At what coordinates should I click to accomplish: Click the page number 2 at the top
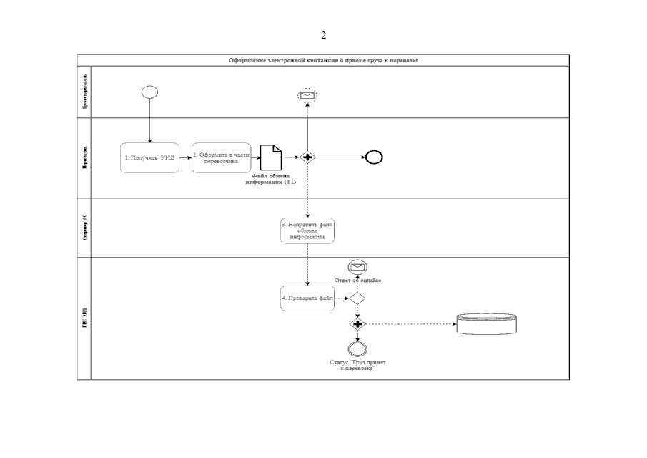click(x=323, y=36)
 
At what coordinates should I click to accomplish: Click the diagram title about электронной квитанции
click(x=323, y=61)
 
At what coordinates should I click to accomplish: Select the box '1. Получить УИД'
click(x=149, y=157)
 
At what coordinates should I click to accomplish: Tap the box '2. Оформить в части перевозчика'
click(x=222, y=157)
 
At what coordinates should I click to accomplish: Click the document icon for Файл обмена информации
click(x=270, y=157)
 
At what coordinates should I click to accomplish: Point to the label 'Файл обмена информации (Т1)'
click(x=270, y=180)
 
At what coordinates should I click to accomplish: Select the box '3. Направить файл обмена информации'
click(x=307, y=230)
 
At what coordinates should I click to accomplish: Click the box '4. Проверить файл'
click(x=307, y=298)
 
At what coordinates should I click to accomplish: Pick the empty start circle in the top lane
click(x=150, y=92)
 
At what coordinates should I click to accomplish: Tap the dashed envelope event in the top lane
click(x=307, y=95)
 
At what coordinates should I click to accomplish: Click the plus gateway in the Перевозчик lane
click(x=307, y=157)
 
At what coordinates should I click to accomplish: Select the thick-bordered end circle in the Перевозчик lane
click(x=374, y=157)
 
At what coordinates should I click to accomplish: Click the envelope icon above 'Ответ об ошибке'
click(x=357, y=267)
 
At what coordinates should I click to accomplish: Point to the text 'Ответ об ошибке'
click(x=357, y=280)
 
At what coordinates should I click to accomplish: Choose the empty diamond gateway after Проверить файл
click(x=357, y=298)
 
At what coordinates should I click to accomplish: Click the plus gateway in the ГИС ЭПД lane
click(x=357, y=324)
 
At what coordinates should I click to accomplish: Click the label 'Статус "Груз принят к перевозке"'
click(x=357, y=365)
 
